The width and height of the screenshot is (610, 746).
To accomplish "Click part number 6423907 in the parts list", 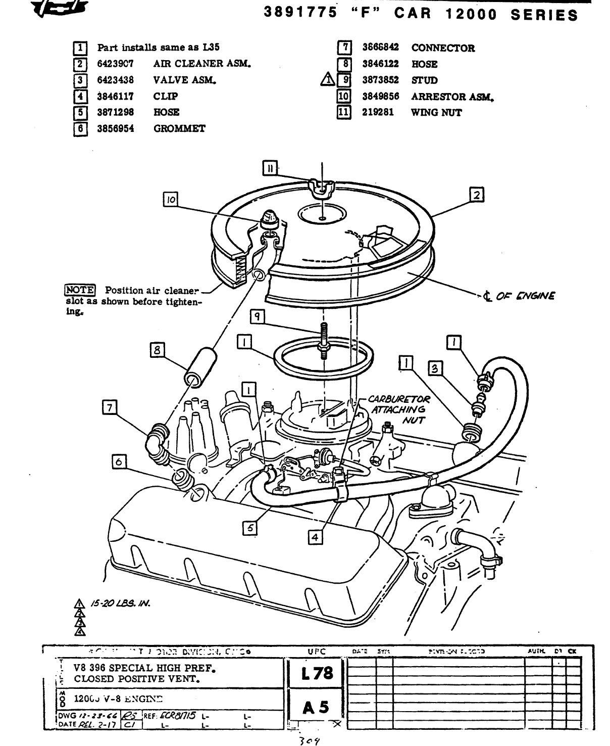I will pos(115,64).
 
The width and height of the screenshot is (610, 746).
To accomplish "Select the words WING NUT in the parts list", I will pos(436,113).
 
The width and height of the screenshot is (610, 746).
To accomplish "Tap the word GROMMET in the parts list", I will pos(179,128).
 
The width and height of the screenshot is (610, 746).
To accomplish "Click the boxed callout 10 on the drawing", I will pos(171,200).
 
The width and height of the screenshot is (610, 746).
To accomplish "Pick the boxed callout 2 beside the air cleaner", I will pos(476,195).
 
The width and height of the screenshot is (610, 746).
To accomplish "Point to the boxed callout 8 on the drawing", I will pos(158,349).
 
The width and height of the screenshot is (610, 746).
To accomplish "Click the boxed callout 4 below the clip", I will pos(315,537).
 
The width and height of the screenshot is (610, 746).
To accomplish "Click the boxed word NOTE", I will pos(80,290).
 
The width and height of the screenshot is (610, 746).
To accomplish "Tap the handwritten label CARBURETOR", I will pos(399,399).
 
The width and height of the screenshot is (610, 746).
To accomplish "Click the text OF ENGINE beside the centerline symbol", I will pos(525,296).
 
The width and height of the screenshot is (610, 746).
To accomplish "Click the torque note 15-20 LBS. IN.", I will pos(120,603).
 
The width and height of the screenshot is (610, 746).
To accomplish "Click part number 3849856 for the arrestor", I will pos(380,97).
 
